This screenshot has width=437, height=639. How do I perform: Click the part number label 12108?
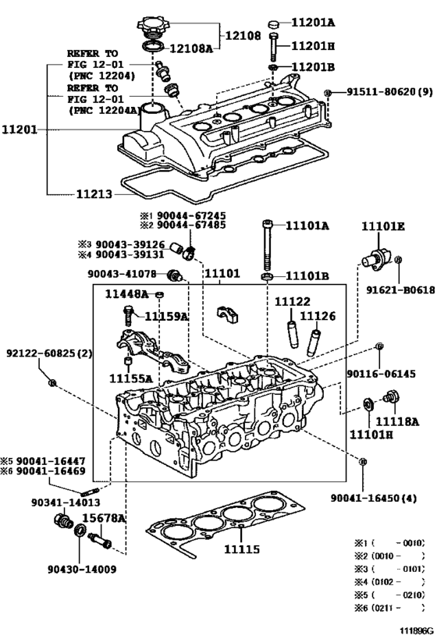tap(243, 36)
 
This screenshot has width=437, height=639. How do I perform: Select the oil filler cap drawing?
tap(151, 27)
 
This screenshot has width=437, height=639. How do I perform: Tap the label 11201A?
tap(313, 23)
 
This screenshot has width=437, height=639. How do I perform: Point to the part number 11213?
tap(94, 194)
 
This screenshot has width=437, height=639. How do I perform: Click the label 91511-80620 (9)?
tap(389, 92)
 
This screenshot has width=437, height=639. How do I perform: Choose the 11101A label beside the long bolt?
tap(307, 225)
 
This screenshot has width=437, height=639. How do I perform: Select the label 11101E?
tap(383, 226)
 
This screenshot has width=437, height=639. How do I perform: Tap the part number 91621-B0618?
tap(400, 289)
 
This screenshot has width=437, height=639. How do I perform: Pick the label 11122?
tap(293, 301)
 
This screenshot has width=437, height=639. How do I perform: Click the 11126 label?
tap(318, 316)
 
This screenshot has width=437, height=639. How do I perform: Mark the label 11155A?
tap(130, 378)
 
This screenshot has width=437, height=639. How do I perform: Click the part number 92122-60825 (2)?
tap(49, 353)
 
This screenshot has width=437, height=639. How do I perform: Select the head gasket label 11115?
tap(242, 549)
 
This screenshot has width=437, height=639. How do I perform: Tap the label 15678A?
tap(104, 518)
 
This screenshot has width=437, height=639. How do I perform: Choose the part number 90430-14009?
tap(82, 569)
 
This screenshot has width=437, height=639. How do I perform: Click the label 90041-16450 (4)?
tap(374, 498)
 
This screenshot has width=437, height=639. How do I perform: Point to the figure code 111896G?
tap(416, 631)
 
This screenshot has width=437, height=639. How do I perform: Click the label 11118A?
tap(397, 421)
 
